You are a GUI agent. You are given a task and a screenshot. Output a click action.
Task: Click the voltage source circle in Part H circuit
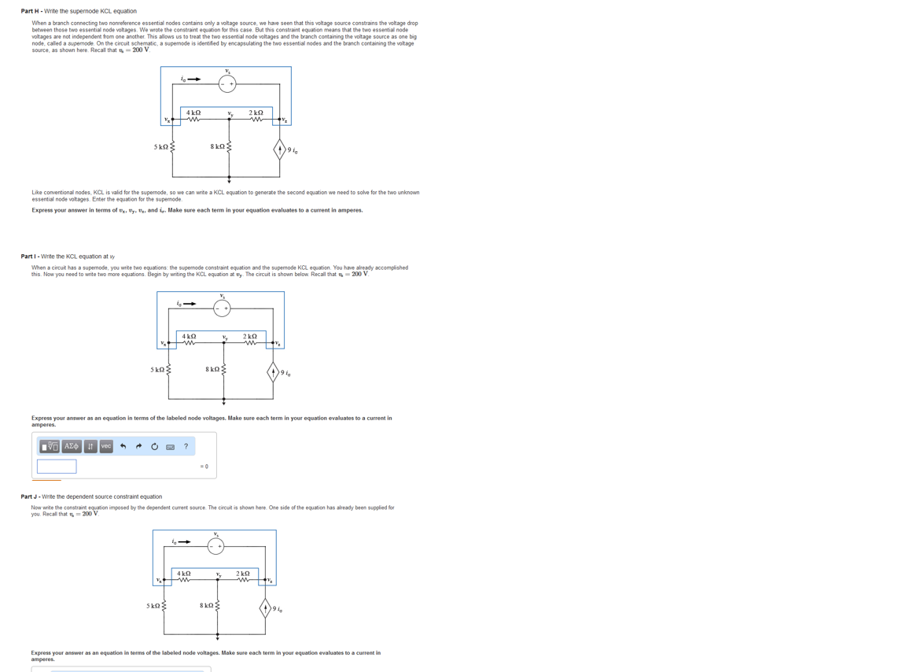(227, 83)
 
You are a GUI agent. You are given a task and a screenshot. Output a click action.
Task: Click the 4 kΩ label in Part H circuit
(193, 113)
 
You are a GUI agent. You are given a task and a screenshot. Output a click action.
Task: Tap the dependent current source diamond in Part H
(279, 150)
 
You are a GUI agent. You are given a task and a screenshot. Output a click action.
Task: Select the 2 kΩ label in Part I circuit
(250, 336)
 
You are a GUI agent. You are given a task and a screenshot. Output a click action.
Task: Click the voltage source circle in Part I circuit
(222, 308)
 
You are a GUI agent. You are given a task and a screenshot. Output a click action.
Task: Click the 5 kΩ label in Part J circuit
(153, 606)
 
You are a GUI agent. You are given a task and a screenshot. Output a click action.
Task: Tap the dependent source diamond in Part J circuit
(266, 608)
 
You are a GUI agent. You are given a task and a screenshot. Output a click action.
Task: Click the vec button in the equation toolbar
(106, 446)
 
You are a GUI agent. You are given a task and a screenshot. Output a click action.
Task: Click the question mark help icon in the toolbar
(186, 446)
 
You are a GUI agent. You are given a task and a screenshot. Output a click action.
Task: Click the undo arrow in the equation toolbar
(123, 446)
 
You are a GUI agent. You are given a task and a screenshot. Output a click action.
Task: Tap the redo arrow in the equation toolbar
(138, 446)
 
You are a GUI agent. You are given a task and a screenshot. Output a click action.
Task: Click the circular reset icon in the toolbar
(154, 446)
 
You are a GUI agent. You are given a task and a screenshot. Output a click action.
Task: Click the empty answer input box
(57, 466)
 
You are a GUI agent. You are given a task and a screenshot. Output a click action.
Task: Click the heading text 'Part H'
(31, 11)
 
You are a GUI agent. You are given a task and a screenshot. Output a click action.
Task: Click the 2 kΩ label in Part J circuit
(243, 573)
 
